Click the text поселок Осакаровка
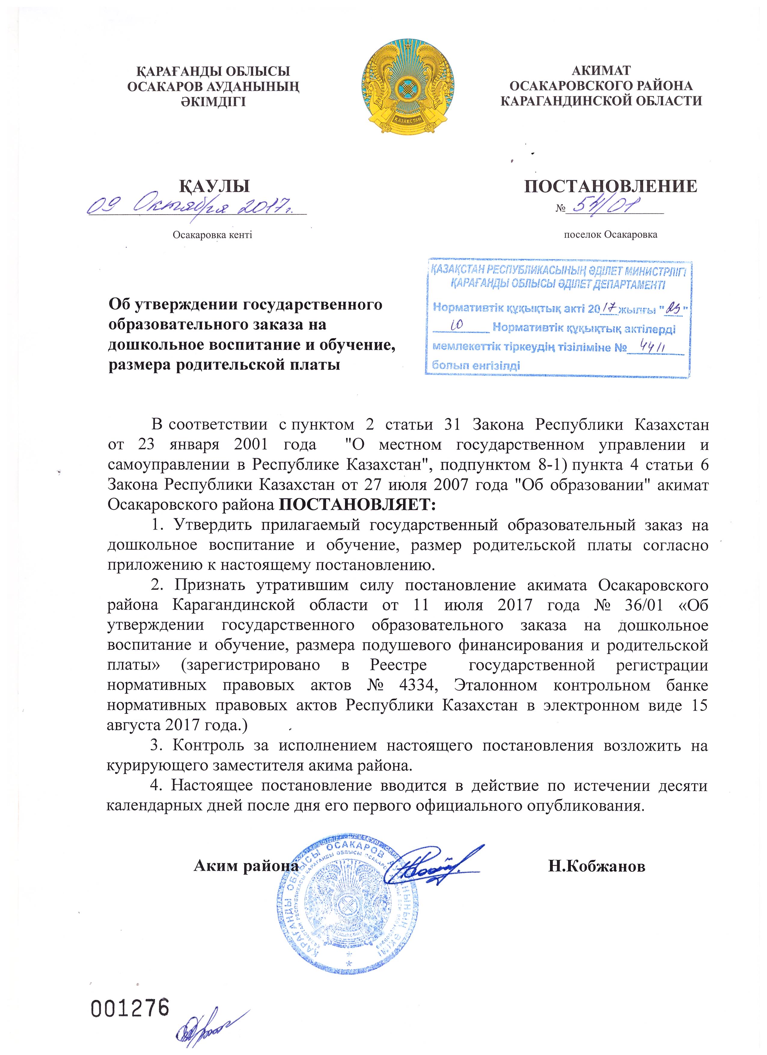coord(610,234)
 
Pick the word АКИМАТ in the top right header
coord(601,71)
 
